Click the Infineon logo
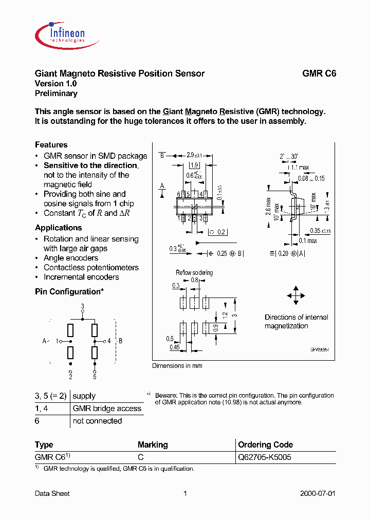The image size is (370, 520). pos(60,34)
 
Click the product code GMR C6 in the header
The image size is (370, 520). pos(319,73)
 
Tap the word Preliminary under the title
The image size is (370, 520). pos(56,94)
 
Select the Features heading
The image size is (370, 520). pos(51,145)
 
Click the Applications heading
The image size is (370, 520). pos(58,228)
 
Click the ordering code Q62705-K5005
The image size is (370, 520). pos(265,457)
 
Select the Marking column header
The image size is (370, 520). pos(153,444)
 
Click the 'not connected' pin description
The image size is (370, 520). pos(97,421)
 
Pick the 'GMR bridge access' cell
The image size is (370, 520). pos(107,408)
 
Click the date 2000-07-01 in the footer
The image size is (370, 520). pos(318,493)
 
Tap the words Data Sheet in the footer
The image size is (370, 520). pos(52,493)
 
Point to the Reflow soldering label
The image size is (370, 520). pos(194,273)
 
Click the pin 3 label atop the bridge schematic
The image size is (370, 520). pos(82,306)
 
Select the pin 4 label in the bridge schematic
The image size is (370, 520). pos(109,341)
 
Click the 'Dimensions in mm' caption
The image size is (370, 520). pos(177,366)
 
